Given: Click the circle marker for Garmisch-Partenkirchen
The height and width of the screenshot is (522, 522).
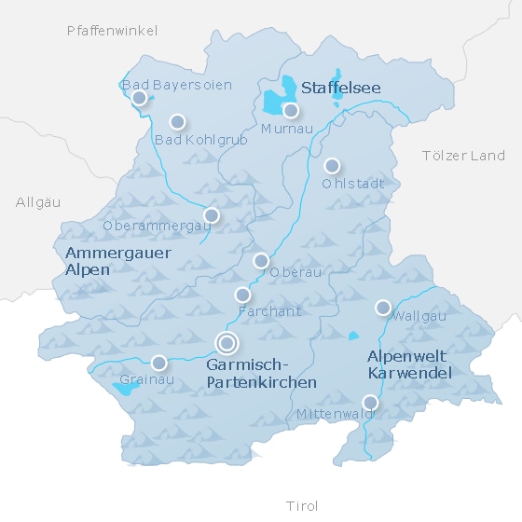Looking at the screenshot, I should coord(226,343).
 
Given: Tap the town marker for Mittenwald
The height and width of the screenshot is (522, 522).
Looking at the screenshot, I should coord(370,403).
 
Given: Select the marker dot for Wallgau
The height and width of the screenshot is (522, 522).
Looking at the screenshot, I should coord(383,308).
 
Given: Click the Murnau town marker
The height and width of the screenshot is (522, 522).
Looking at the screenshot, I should coord(291,110).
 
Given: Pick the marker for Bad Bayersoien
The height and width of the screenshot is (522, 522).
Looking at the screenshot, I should coord(139,97).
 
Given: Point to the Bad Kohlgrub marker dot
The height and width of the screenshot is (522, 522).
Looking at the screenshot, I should coord(177,121).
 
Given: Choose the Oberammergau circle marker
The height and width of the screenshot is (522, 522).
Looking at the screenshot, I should coord(212,215).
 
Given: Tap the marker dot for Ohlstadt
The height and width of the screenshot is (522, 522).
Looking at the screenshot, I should coord(331,166).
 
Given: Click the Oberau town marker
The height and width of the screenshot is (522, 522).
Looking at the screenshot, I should coord(261,260).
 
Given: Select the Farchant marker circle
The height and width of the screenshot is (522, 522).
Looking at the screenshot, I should coord(242,295).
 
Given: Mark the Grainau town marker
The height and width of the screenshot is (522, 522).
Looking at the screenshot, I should coord(159,363).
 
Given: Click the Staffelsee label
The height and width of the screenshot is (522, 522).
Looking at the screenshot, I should coord(340,89).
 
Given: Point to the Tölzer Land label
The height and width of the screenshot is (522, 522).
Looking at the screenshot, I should coord(463,156).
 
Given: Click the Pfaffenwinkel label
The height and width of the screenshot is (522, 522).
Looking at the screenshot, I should coord(113,31).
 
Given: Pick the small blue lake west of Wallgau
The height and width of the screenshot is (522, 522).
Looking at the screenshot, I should coord(353,336).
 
